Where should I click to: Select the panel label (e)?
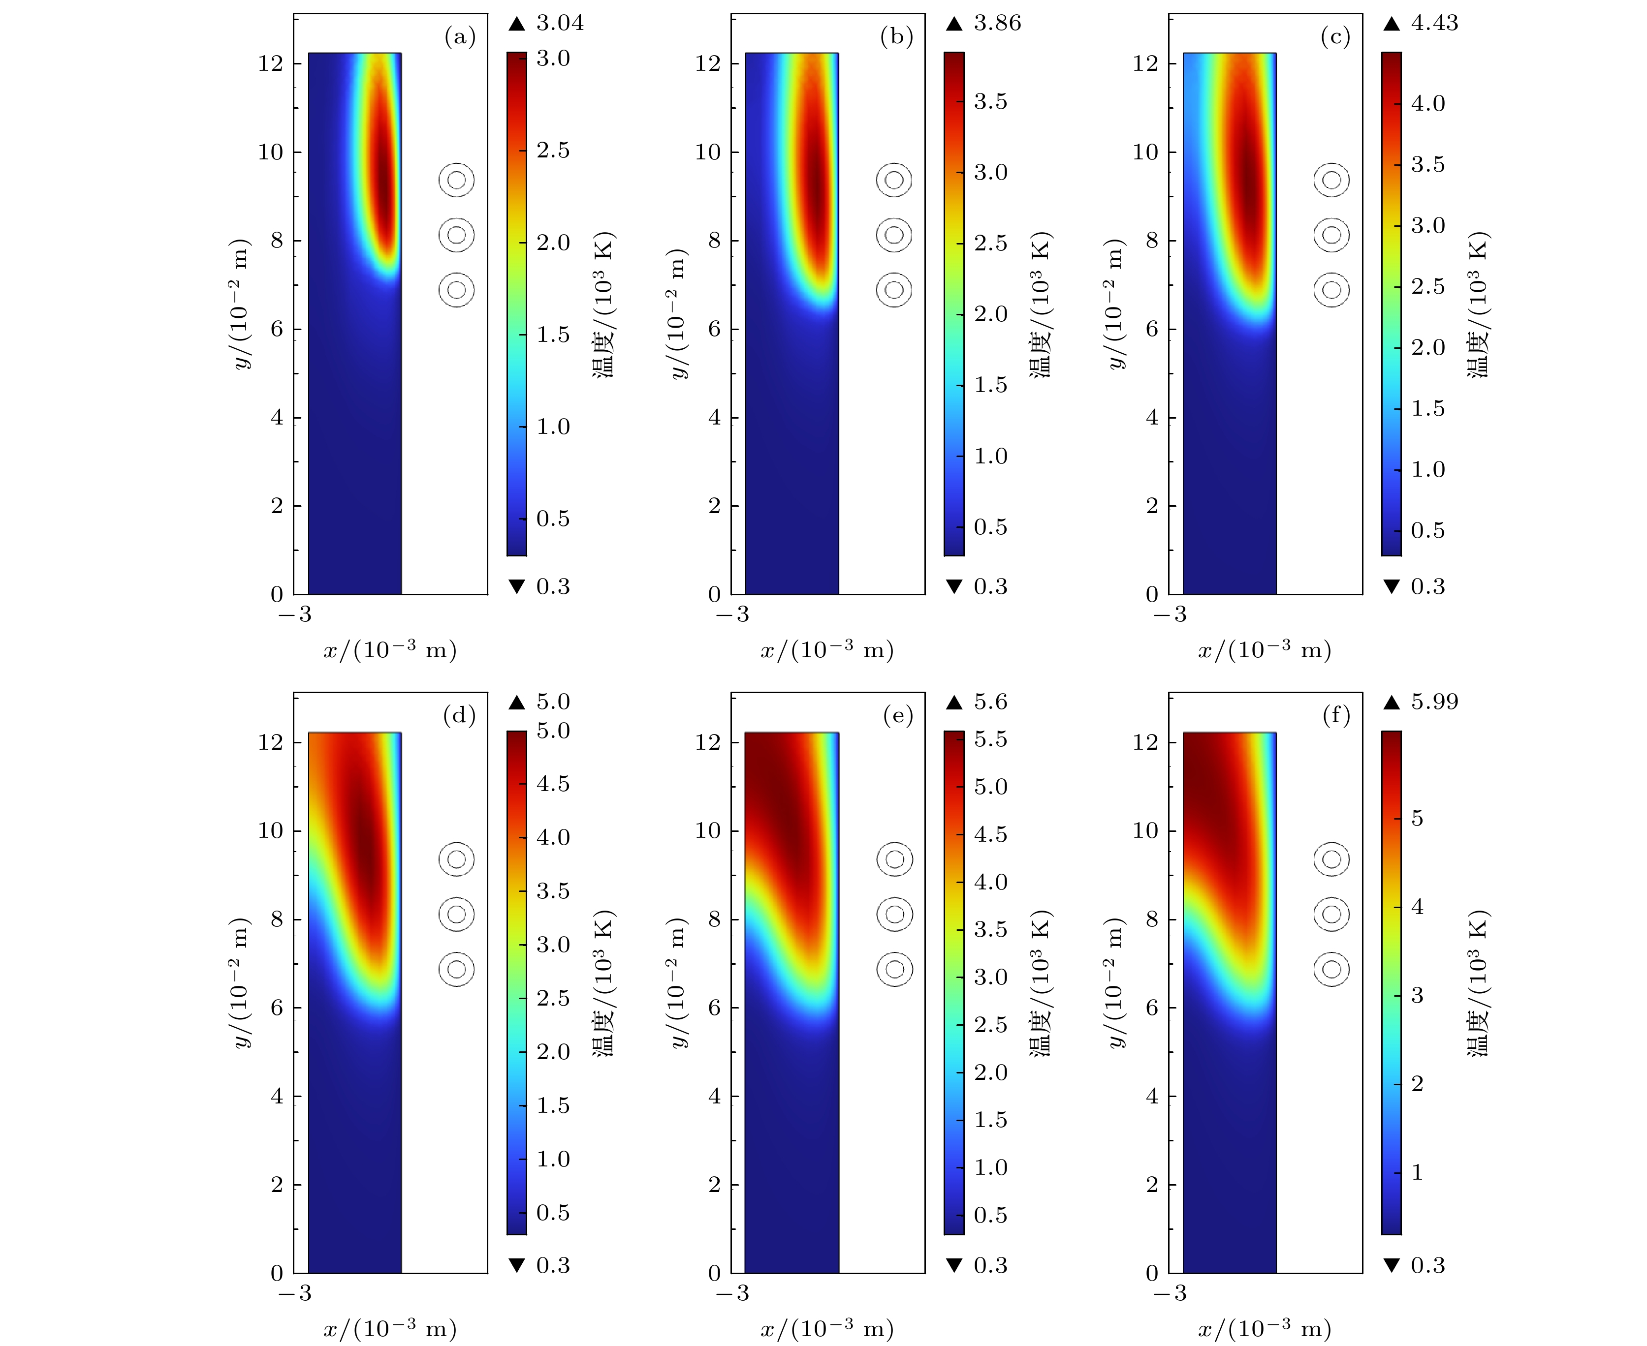[x=898, y=716]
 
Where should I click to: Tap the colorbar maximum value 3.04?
[x=559, y=23]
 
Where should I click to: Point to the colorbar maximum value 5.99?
[x=1434, y=702]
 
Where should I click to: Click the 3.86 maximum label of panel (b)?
[x=997, y=23]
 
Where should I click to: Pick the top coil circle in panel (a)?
[x=456, y=180]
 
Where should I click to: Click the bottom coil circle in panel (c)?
[x=1331, y=290]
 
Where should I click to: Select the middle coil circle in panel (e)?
[x=894, y=914]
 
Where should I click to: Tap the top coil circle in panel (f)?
[x=1331, y=859]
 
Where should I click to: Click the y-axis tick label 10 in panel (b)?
[x=707, y=152]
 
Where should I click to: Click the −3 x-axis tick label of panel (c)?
[x=1170, y=615]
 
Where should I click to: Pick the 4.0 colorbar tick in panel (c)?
[x=1427, y=103]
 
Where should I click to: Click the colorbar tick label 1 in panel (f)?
[x=1417, y=1172]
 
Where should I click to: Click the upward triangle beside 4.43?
[x=1392, y=24]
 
